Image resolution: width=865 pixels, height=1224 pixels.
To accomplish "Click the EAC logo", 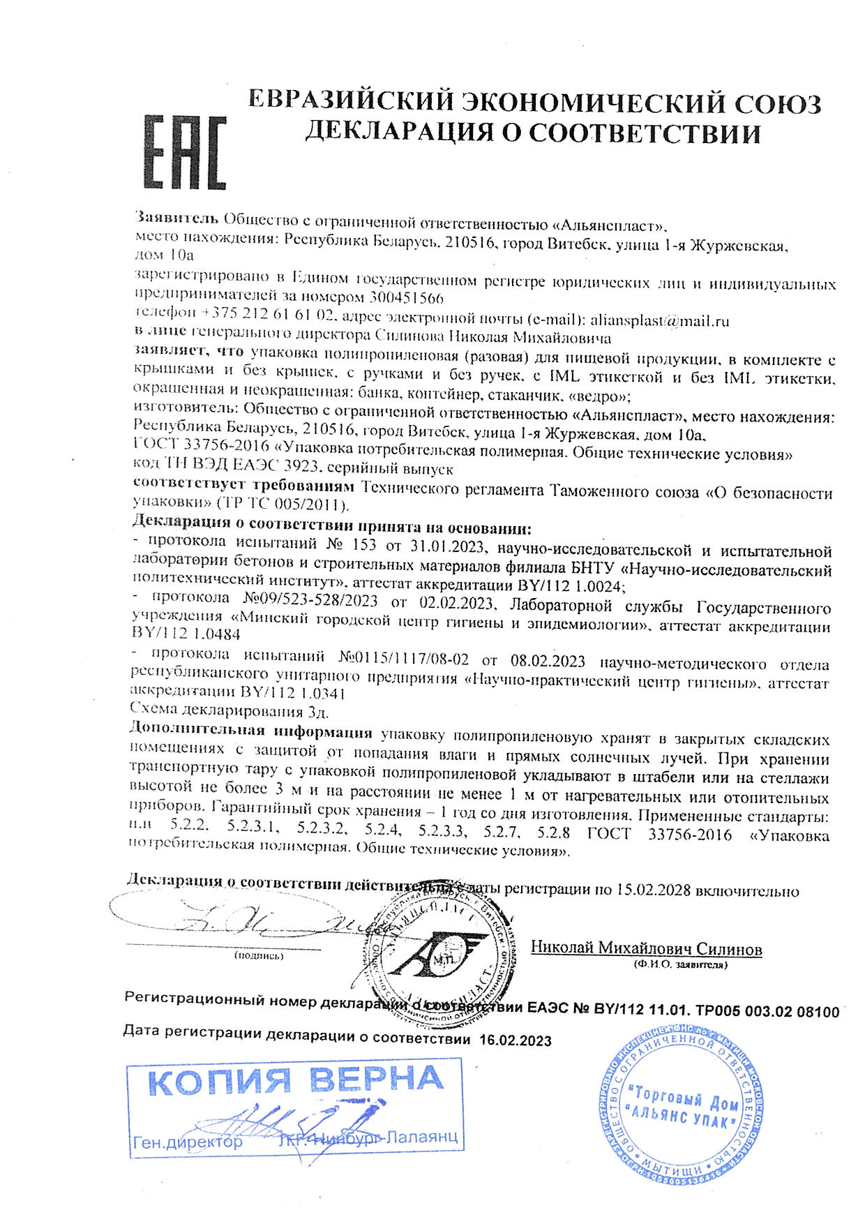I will click(x=185, y=154).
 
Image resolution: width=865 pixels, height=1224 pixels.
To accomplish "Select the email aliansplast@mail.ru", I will click(x=659, y=321).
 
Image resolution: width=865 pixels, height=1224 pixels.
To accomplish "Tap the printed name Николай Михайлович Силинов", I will click(x=646, y=949).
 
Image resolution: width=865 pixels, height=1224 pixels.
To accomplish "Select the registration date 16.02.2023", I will click(x=516, y=1040).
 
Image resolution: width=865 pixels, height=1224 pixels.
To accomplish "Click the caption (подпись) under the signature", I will click(x=259, y=956).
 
